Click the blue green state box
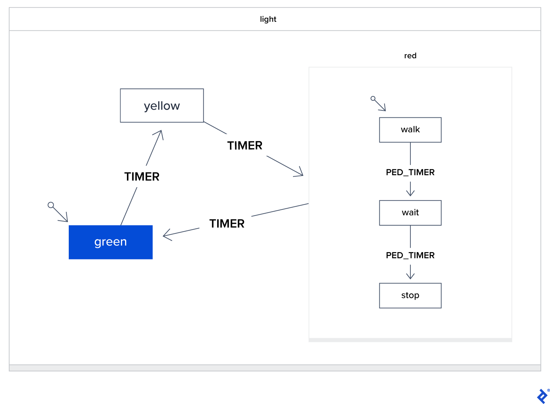[110, 242]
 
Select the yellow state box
[162, 106]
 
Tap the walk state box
[410, 130]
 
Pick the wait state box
[410, 213]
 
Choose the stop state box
[410, 295]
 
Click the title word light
[268, 19]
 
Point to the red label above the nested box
[410, 56]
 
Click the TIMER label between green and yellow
[142, 176]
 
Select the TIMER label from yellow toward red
[245, 145]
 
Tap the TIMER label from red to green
[227, 224]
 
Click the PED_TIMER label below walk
[410, 172]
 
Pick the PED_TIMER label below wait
[410, 255]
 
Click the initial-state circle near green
[51, 205]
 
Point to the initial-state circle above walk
[373, 98]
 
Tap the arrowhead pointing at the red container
[300, 174]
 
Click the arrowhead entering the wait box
[410, 194]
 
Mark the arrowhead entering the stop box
[410, 276]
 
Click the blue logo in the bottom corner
[542, 396]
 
